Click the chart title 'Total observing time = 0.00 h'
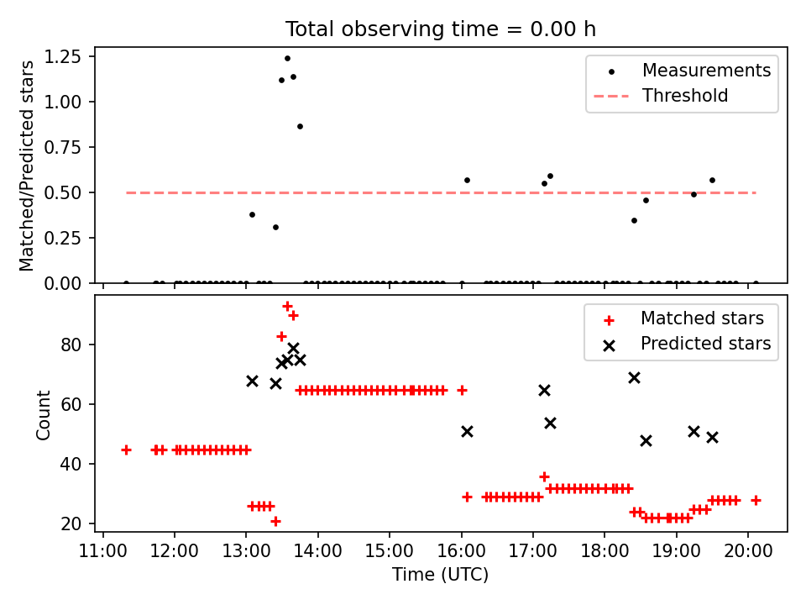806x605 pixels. [x=441, y=29]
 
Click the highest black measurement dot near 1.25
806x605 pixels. [x=287, y=59]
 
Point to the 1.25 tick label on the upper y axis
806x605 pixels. [x=63, y=56]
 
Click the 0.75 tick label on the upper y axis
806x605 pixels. [x=63, y=148]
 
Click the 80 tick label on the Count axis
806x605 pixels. [x=71, y=345]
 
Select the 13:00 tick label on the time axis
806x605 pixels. [x=246, y=551]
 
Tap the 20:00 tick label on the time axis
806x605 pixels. [x=748, y=551]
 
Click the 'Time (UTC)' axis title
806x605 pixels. [x=441, y=575]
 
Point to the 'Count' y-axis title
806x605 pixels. [x=43, y=414]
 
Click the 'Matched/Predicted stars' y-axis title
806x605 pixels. [x=26, y=166]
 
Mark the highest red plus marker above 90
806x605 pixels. [x=287, y=307]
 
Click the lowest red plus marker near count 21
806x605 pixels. [x=275, y=522]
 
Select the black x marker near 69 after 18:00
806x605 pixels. [x=635, y=378]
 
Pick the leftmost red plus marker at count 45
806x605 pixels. [x=127, y=450]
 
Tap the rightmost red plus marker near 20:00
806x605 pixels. [x=756, y=501]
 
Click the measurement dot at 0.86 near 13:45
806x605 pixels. [x=301, y=127]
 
